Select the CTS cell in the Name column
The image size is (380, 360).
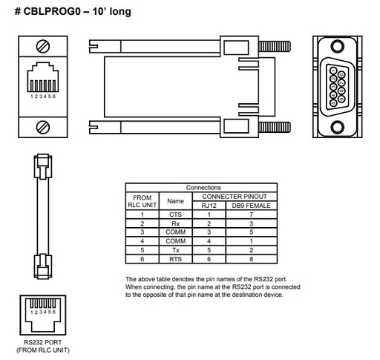click(175, 214)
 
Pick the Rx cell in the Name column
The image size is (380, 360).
click(175, 223)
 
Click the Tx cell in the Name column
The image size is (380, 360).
click(175, 250)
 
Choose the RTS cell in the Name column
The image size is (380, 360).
click(175, 259)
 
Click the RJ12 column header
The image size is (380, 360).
click(209, 205)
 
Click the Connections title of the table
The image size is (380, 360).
click(203, 188)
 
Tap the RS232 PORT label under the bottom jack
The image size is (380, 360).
click(47, 344)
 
